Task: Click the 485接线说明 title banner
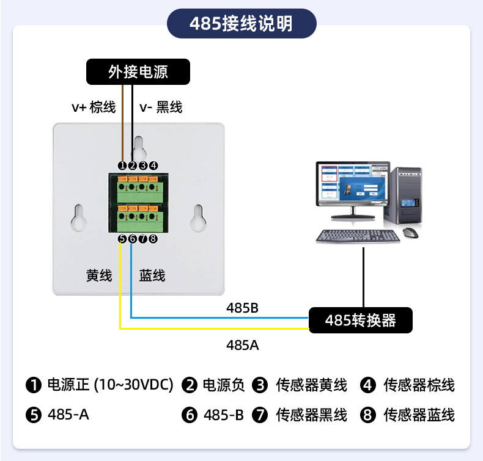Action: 241,24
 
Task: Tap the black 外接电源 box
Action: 138,72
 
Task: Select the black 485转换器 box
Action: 360,320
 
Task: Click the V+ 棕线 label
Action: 94,107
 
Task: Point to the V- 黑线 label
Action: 161,107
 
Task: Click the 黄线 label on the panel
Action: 99,275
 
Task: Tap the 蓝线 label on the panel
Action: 152,275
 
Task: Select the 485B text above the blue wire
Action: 243,308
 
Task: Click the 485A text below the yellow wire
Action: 243,345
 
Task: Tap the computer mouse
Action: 410,233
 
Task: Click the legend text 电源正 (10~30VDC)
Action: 111,385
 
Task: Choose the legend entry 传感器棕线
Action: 419,385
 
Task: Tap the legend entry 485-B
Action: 224,415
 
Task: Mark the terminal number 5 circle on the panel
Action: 122,239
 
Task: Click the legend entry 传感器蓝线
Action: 419,415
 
